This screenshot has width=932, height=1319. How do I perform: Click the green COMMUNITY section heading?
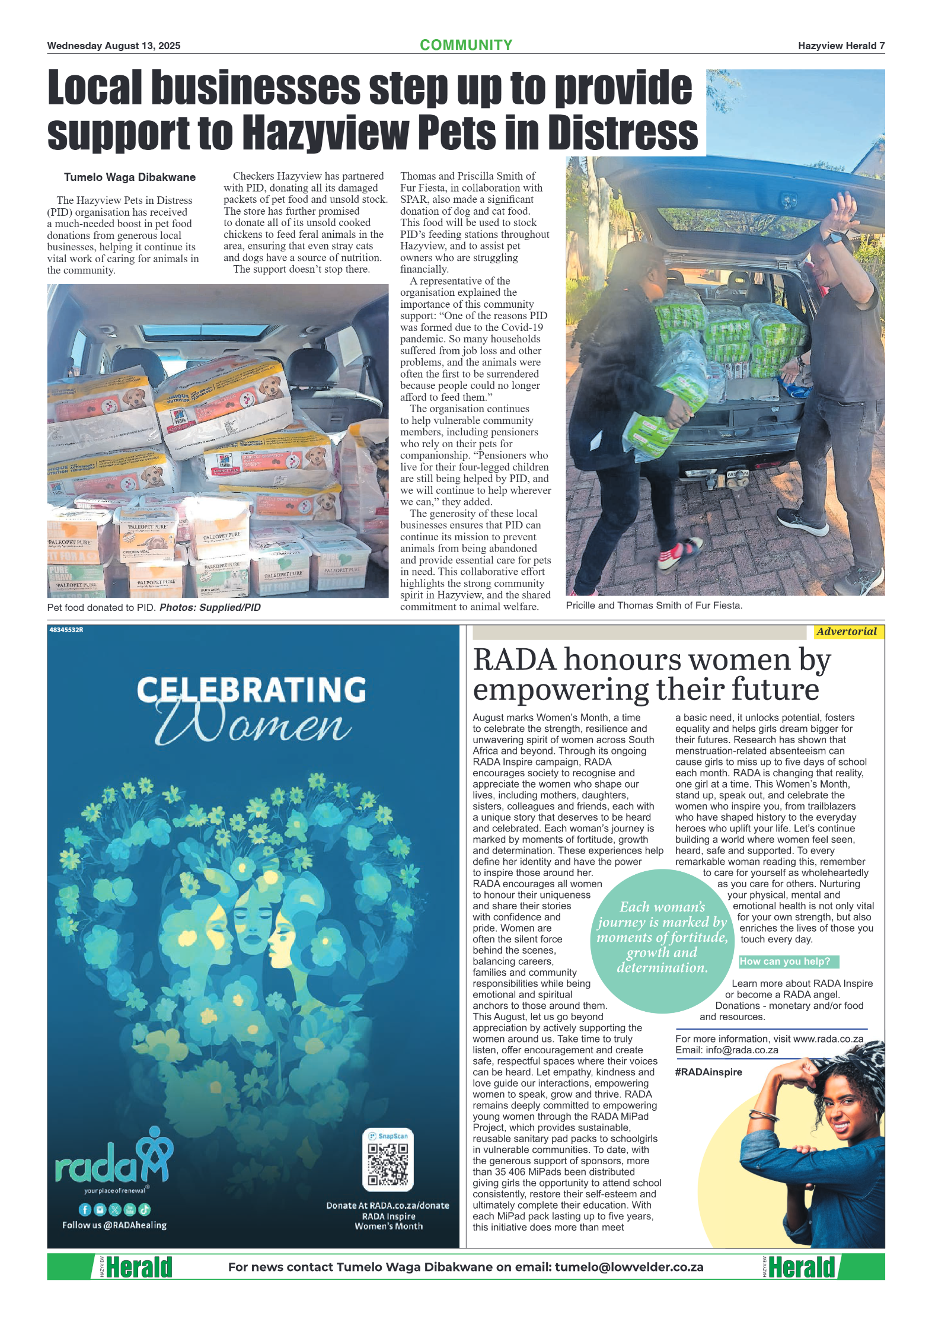point(465,45)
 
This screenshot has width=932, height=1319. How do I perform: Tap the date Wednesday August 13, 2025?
point(114,46)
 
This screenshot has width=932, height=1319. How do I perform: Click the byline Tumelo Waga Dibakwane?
point(129,177)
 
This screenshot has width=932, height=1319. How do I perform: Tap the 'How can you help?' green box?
point(788,961)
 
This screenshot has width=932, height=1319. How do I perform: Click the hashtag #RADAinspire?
point(708,1072)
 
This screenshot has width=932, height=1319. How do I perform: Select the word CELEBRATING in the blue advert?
point(251,690)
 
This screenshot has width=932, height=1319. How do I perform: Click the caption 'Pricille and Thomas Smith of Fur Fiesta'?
point(653,606)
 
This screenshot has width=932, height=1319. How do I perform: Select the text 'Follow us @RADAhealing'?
point(114,1225)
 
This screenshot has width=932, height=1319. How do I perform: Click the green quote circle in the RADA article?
point(662,940)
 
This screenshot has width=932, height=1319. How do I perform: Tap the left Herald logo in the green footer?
point(138,1267)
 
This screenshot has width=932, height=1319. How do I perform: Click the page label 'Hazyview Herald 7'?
point(841,46)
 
